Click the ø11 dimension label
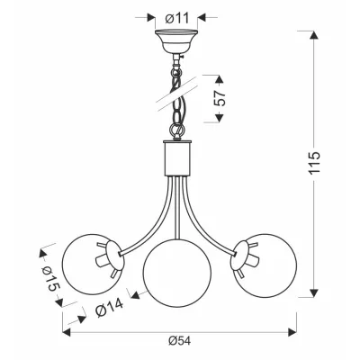pos(177,18)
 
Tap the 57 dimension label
pos(220,98)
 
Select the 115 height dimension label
pos(315,163)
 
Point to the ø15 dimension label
pos(50,278)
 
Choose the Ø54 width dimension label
pos(179,341)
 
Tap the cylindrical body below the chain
pos(176,158)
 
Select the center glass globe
pos(177,273)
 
